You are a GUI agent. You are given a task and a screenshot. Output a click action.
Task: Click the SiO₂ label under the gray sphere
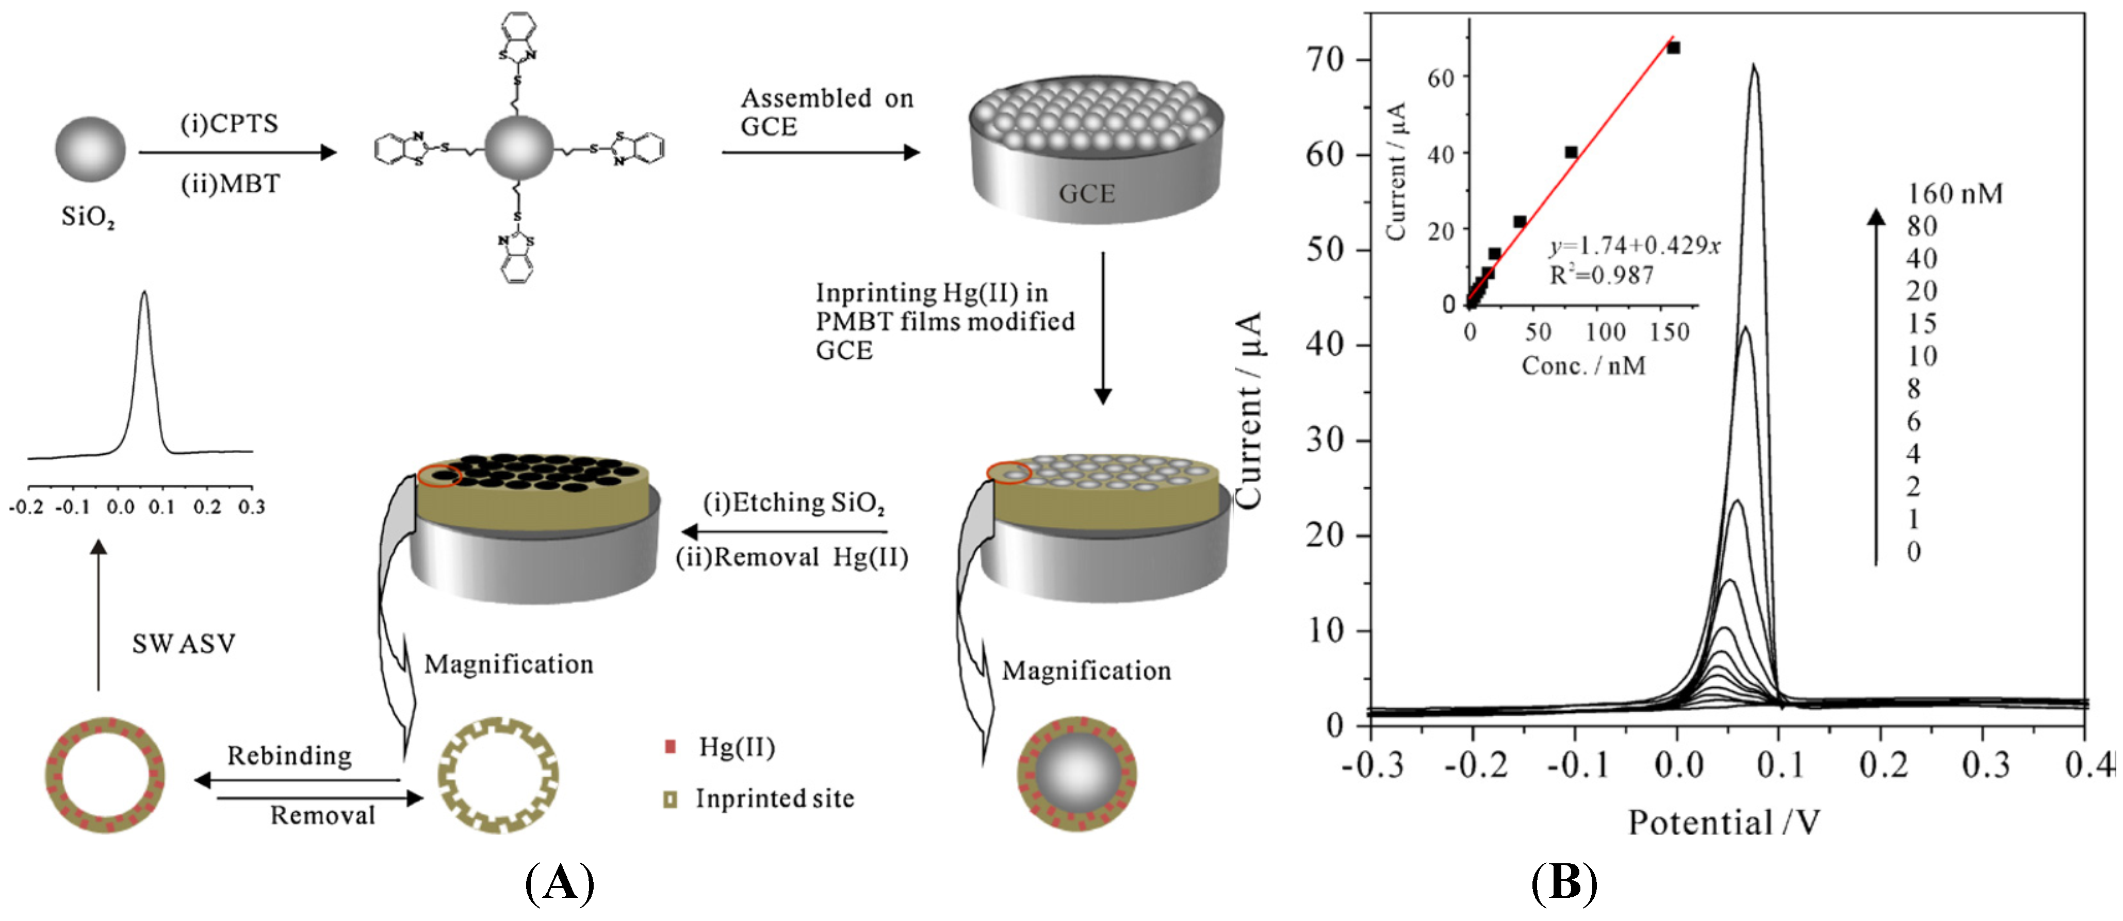[87, 217]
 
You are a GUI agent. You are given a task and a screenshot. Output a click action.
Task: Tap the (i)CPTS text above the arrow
[229, 124]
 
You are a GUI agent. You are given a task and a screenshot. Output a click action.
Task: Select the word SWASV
[184, 643]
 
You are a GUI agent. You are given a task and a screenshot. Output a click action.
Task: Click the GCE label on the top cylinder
[1086, 194]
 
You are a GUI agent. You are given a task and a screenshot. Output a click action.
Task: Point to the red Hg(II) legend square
[670, 746]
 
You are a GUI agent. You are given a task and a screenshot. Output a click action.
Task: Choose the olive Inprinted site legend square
[670, 799]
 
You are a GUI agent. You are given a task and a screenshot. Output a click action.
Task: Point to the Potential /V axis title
[1724, 822]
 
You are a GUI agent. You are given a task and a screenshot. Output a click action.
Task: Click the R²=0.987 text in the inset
[1602, 275]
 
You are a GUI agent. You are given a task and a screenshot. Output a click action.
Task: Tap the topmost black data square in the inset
[1673, 48]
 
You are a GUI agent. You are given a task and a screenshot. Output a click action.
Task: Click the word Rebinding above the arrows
[289, 756]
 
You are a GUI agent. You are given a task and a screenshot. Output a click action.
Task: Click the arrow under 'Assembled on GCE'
[820, 153]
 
